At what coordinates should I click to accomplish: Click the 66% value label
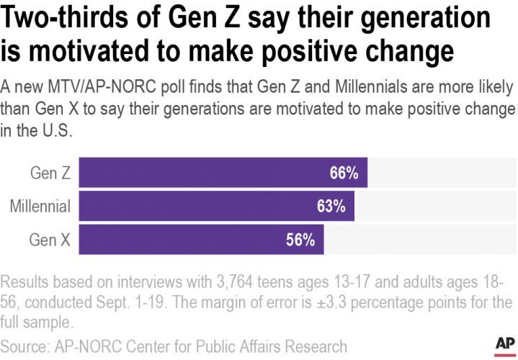[344, 173]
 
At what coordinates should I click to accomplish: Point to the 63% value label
[331, 207]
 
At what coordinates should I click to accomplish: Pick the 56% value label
[300, 240]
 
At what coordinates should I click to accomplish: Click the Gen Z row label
[50, 173]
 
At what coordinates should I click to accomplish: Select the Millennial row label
[40, 207]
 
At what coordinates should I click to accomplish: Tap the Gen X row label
[50, 240]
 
